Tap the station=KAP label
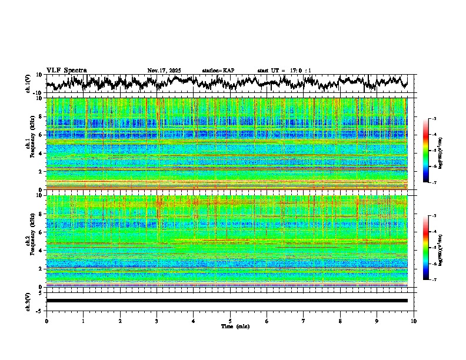pos(218,71)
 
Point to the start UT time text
pos(284,71)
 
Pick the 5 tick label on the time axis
pos(230,321)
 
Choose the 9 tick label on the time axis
pos(377,321)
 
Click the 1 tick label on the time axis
pos(83,321)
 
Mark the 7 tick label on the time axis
pos(304,321)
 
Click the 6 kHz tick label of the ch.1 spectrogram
pos(41,135)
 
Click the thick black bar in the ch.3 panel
pos(227,301)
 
